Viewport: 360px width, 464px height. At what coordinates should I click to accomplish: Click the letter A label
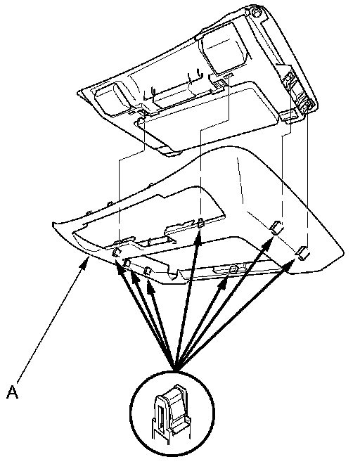(x=12, y=392)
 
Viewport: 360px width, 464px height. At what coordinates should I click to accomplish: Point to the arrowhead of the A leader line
(x=84, y=262)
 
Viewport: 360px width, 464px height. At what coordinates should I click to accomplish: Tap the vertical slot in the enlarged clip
(x=161, y=418)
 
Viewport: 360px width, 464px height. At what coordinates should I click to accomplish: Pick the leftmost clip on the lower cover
(x=116, y=252)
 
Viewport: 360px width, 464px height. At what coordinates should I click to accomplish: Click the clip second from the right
(x=276, y=227)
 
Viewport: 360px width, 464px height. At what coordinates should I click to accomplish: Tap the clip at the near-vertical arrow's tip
(x=200, y=223)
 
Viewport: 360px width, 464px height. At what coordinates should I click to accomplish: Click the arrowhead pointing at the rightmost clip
(x=290, y=263)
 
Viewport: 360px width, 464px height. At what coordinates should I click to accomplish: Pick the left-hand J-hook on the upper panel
(x=153, y=91)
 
